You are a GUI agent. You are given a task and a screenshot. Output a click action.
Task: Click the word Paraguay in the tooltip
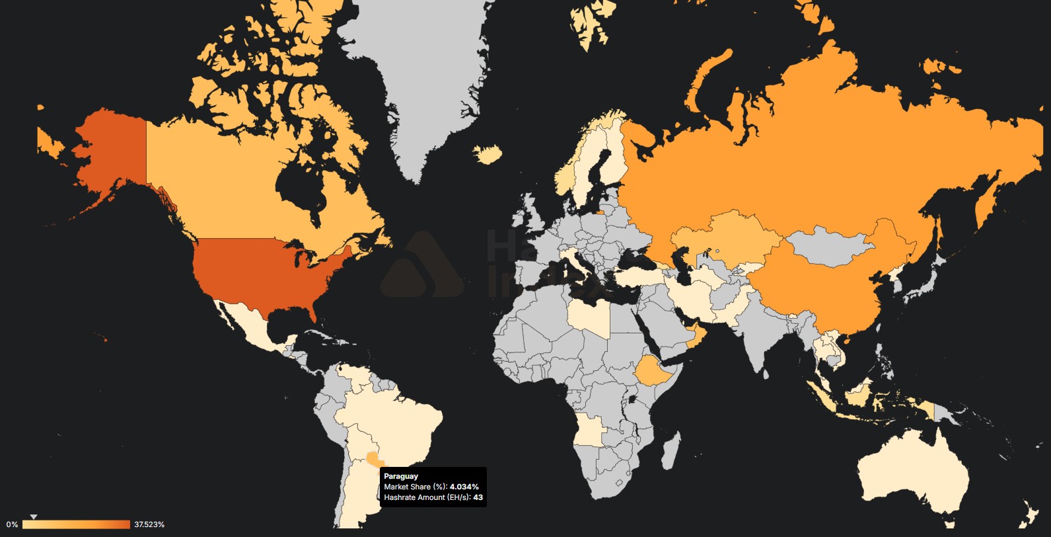coord(401,476)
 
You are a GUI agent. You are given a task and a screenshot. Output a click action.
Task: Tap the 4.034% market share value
coord(464,487)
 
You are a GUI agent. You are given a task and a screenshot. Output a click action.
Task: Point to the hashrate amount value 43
coord(478,497)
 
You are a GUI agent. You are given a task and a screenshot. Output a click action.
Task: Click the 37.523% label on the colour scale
coord(149,524)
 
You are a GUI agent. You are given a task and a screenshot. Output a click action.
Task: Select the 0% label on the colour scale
coord(12,524)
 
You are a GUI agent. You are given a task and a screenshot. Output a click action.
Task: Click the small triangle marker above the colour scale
coord(34,516)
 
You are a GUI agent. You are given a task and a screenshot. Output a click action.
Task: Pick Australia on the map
coord(912,470)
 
